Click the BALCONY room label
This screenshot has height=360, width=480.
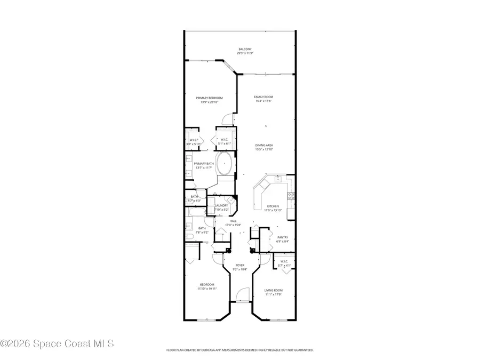tap(245, 49)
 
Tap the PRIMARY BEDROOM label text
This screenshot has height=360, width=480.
tap(209, 98)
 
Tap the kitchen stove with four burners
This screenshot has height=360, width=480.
tap(291, 196)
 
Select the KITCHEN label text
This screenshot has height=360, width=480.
tap(273, 206)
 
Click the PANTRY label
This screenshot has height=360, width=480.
tap(282, 237)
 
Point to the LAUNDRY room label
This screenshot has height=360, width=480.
tap(221, 205)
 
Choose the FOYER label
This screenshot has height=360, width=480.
tap(240, 265)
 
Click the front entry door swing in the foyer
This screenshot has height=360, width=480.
tap(242, 294)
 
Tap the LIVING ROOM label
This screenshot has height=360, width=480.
tap(273, 290)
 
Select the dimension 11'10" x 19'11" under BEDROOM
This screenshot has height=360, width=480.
tap(207, 289)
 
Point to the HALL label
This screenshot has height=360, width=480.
tap(233, 221)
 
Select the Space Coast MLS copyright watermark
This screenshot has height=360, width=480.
tap(57, 343)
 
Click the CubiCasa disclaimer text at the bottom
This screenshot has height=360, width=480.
tap(240, 350)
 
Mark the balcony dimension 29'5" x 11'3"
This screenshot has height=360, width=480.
tap(245, 53)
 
